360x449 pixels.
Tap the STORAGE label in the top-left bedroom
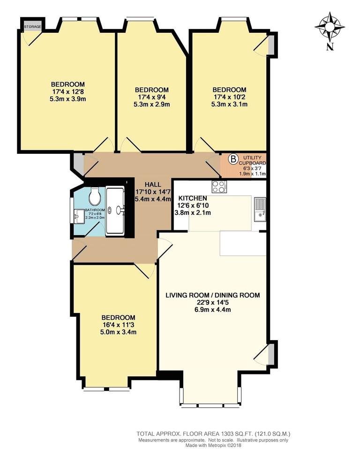coord(32,27)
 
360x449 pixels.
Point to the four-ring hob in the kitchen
coord(219,187)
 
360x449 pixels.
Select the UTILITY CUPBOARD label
coord(254,160)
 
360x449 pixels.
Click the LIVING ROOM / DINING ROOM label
coord(212,295)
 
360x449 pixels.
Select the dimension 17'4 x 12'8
coord(68,92)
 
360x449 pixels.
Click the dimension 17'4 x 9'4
coord(151,97)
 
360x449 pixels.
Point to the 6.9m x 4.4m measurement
coord(212,310)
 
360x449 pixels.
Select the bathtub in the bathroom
coord(115,210)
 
